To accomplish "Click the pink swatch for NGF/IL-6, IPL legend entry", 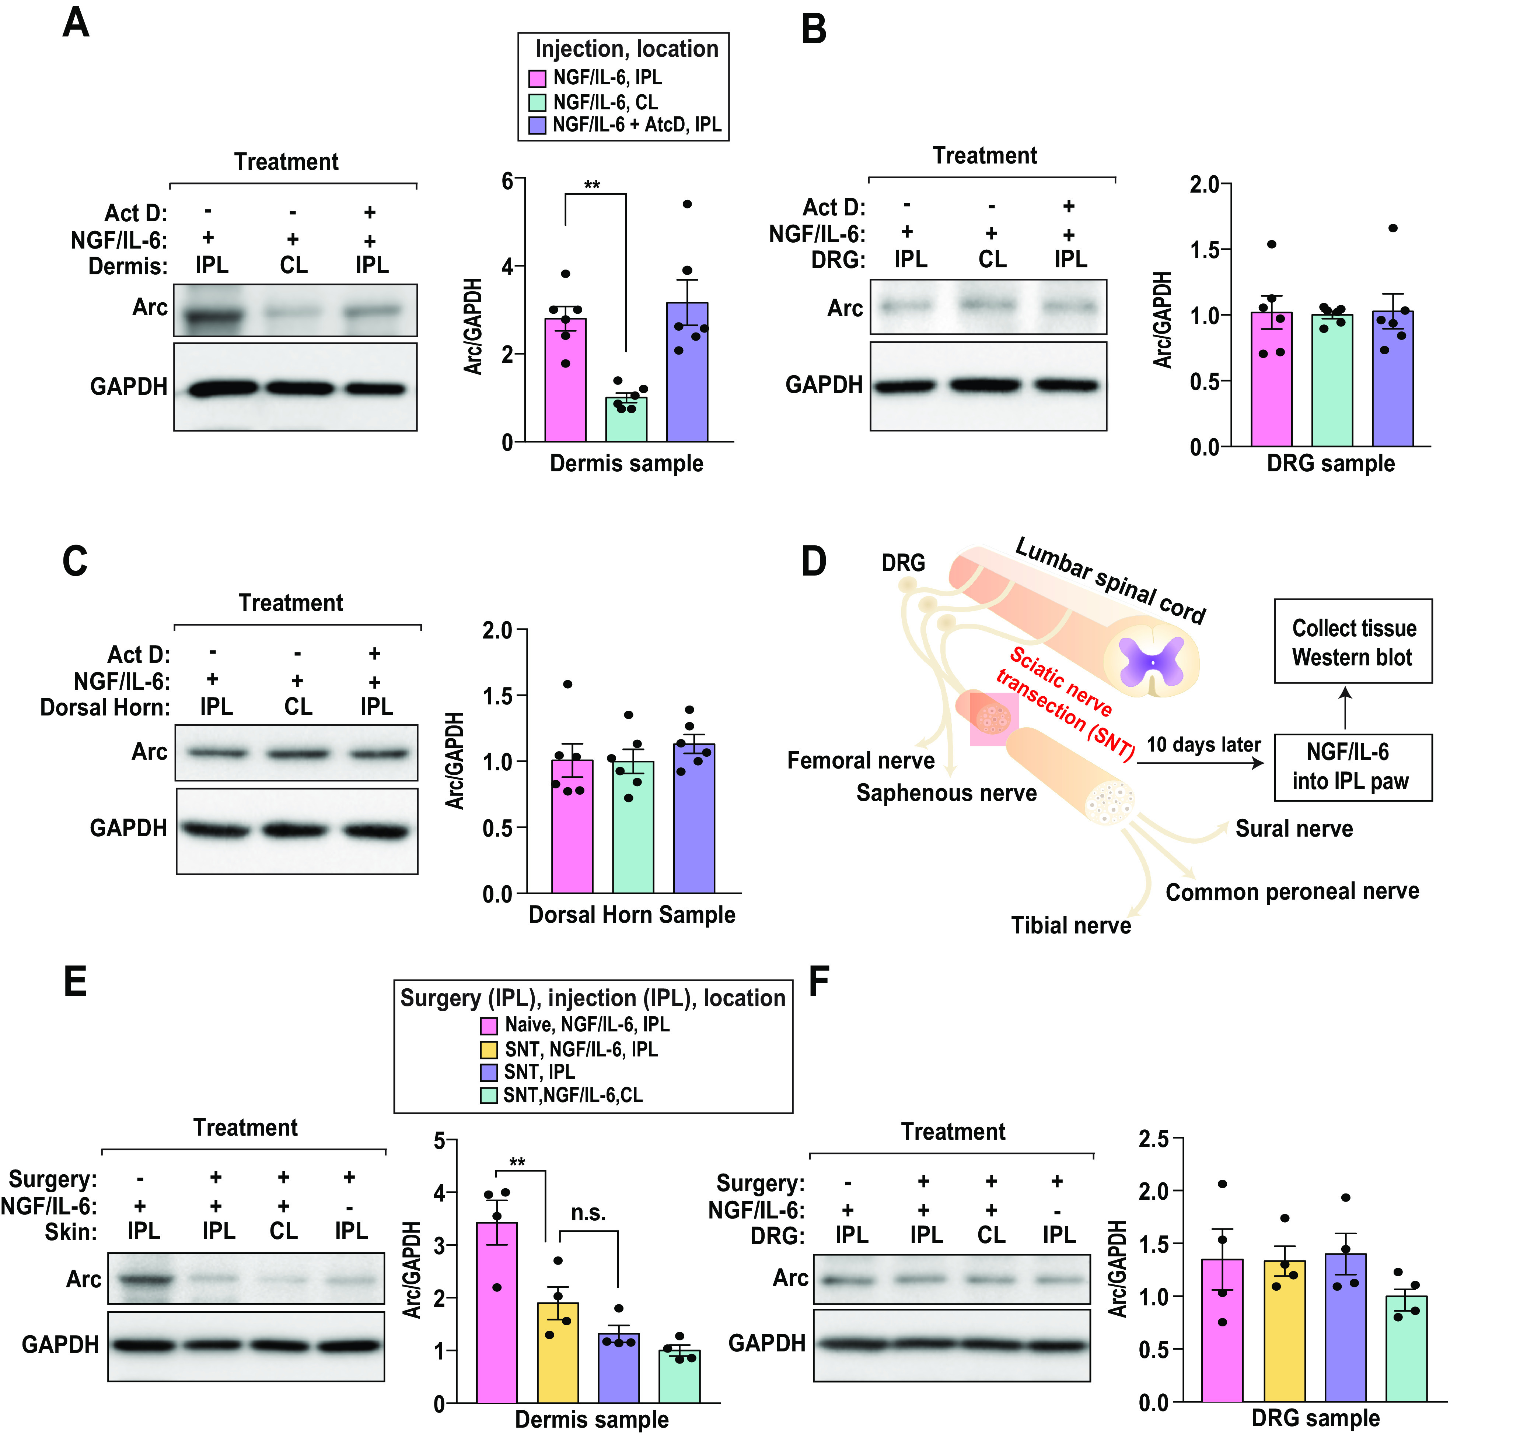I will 537,78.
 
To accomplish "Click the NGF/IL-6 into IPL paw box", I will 1352,766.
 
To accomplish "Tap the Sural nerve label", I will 1293,829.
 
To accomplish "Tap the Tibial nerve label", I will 1071,926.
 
